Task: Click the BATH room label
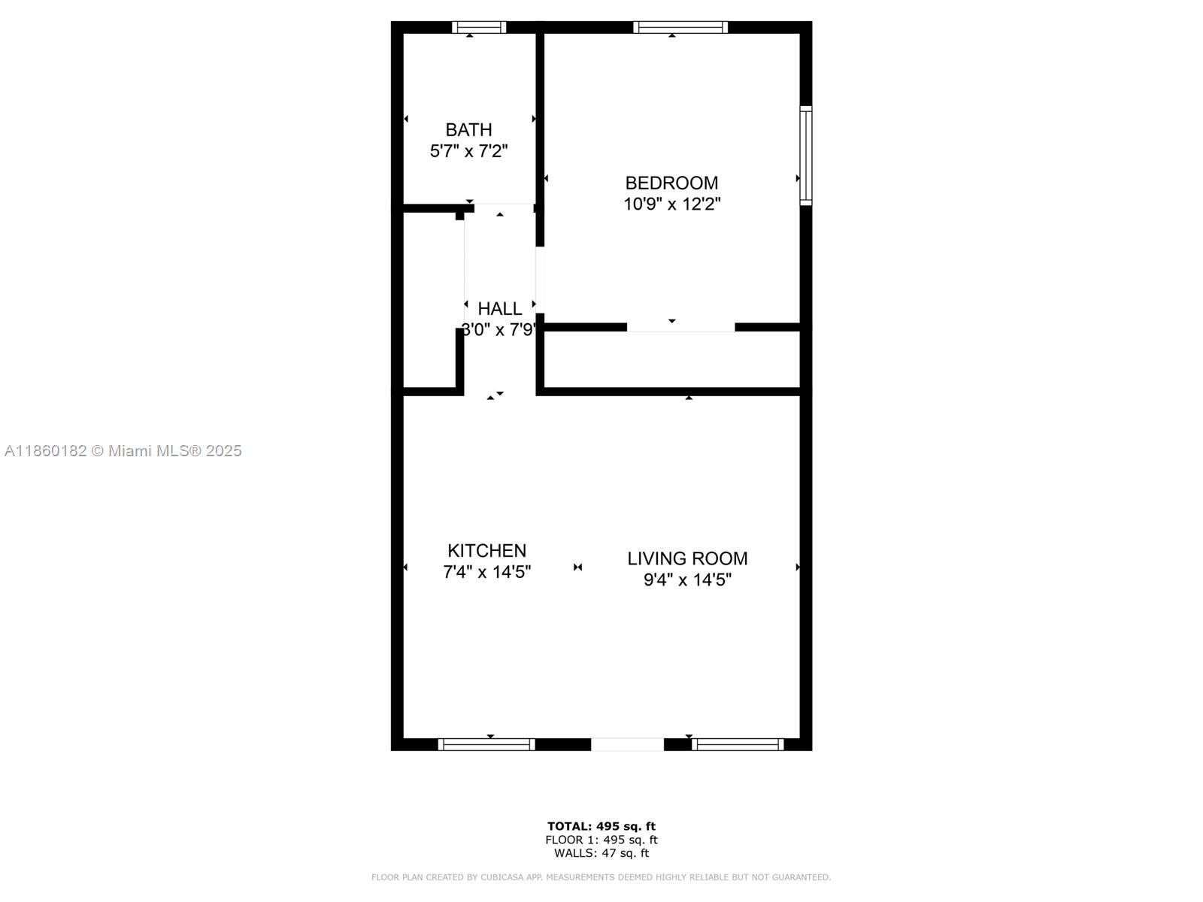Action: [468, 130]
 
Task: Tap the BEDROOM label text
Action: [671, 183]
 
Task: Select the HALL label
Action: [500, 309]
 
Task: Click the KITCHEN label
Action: [486, 550]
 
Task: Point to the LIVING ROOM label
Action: [687, 558]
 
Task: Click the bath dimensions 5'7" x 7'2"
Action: [468, 151]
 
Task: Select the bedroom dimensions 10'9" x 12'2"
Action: [671, 204]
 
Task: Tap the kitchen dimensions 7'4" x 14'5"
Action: [486, 572]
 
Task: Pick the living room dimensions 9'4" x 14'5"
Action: [687, 580]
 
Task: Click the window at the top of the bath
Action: [479, 28]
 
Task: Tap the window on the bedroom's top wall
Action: [680, 28]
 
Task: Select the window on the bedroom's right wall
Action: [805, 156]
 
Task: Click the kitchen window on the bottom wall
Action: [486, 744]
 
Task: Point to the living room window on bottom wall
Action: [738, 744]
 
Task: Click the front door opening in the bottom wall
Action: [627, 744]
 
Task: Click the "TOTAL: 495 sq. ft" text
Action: [601, 827]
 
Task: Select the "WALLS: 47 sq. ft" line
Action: [601, 853]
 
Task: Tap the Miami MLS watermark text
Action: [123, 451]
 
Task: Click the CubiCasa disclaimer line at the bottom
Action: [601, 877]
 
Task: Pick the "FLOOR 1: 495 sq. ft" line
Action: [601, 840]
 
